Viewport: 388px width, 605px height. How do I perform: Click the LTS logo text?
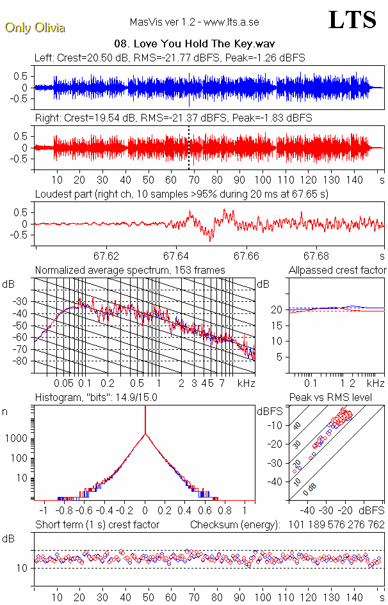(352, 20)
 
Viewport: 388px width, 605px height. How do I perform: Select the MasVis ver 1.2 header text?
(195, 22)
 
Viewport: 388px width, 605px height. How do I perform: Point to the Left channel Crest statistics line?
(170, 58)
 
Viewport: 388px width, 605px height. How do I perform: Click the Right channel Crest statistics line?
(173, 118)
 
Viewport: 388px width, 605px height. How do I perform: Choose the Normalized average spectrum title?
(130, 271)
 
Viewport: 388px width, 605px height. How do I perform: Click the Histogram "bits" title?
(96, 398)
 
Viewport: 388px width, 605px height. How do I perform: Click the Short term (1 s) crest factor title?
(97, 525)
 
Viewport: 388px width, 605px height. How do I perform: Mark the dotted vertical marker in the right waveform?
(189, 147)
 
